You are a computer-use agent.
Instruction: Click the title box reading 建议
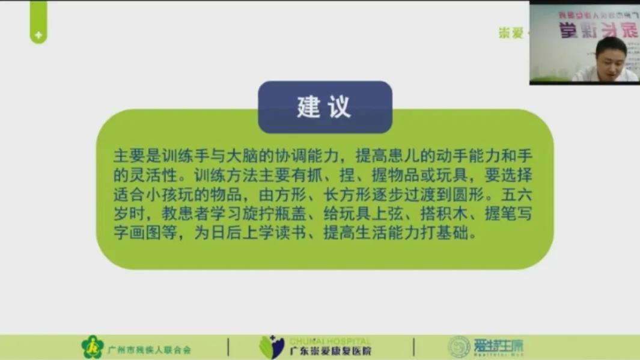click(x=325, y=107)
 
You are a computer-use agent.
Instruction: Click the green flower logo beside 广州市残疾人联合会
click(x=93, y=347)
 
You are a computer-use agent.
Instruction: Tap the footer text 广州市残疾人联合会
click(x=149, y=349)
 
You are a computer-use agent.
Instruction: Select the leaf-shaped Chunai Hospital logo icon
click(x=271, y=347)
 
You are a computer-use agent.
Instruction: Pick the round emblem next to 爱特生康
click(x=459, y=347)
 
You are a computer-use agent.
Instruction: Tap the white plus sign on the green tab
click(x=38, y=36)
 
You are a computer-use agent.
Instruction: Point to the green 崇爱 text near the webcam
click(x=511, y=33)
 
